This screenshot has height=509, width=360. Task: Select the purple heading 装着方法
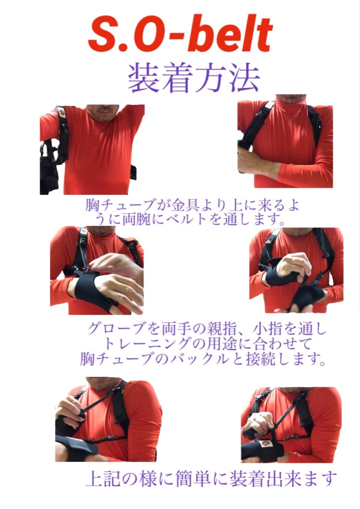point(194,78)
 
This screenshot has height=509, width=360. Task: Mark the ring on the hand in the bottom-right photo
point(255,420)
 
